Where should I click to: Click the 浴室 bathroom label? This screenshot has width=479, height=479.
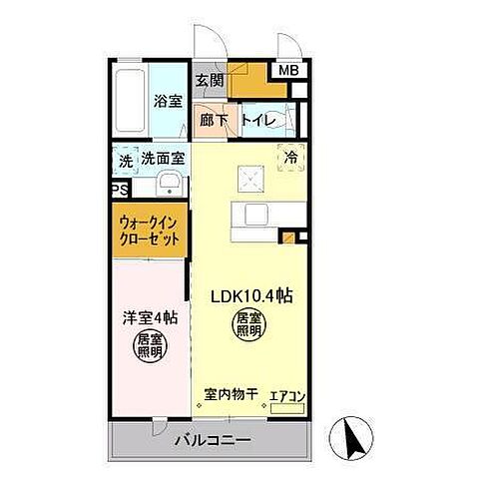point(167,100)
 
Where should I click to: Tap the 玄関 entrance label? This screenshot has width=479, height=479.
point(208,80)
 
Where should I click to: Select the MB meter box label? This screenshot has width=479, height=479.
point(287,71)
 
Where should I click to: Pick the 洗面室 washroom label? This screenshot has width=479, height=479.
point(162,157)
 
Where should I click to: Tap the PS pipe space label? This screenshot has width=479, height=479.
point(119,190)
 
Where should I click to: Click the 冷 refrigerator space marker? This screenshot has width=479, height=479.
point(291,157)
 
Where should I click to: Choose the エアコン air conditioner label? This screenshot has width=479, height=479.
point(288,394)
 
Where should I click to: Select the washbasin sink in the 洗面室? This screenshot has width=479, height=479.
point(168,184)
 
